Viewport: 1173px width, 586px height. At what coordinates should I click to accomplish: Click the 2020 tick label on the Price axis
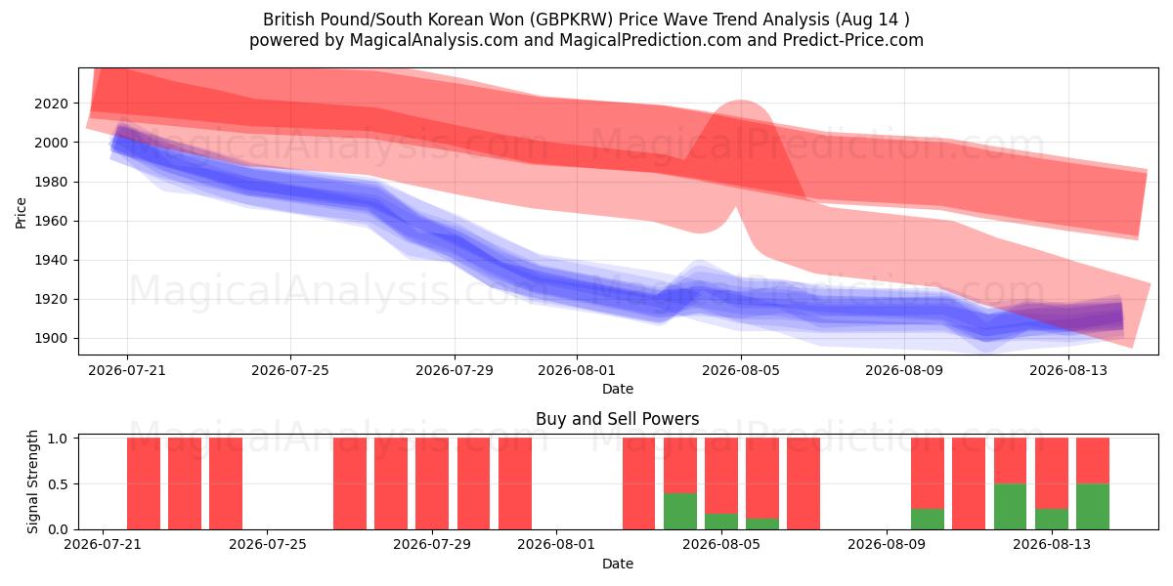(51, 104)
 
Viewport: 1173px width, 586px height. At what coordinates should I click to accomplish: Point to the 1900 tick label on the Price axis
(51, 339)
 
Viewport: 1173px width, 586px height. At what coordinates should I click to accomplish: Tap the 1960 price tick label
(51, 222)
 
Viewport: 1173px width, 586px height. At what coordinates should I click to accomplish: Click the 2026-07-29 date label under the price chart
(455, 370)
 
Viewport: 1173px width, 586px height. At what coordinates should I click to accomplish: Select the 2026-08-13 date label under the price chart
(1068, 370)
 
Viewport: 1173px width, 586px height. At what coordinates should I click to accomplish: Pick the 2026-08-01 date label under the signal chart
(556, 545)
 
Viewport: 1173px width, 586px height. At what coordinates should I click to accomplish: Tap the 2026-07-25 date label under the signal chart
(268, 545)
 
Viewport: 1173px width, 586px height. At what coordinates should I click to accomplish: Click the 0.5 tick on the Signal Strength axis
(58, 484)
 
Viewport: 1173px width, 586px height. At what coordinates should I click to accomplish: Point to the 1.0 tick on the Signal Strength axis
(58, 439)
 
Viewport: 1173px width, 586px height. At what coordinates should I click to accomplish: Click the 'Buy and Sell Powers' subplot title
(618, 419)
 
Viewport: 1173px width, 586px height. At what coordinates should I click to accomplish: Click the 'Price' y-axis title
(21, 214)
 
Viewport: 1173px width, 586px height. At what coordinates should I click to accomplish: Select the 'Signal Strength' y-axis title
(32, 481)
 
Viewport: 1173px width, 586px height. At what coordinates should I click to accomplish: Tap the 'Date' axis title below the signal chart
(618, 564)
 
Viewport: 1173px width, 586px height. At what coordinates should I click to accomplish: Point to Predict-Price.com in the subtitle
(853, 40)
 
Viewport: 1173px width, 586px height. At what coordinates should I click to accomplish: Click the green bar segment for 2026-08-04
(680, 511)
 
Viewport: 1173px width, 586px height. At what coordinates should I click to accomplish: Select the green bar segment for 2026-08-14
(1093, 507)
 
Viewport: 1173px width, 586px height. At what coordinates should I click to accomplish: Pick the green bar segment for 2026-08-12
(1010, 507)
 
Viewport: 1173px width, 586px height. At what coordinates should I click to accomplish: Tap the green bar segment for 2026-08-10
(928, 519)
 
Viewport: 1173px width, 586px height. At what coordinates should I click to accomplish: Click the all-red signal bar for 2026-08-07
(804, 484)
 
